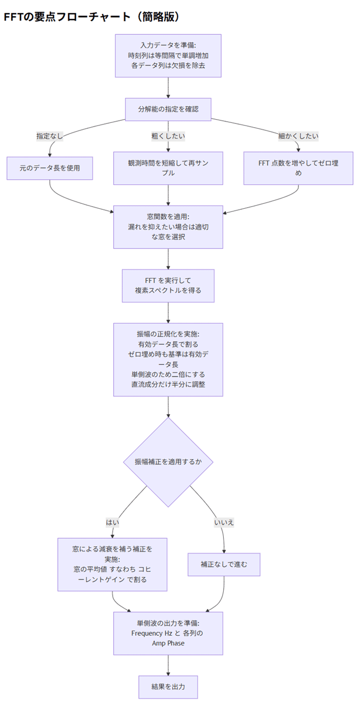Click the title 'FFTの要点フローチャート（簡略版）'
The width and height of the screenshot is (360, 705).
tap(91, 17)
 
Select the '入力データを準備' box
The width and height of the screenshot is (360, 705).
tap(168, 56)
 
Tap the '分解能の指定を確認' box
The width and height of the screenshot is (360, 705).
tap(168, 109)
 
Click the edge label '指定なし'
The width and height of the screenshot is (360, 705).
tap(50, 136)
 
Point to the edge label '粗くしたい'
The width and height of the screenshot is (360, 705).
tap(168, 136)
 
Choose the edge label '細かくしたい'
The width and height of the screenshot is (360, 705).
tap(298, 136)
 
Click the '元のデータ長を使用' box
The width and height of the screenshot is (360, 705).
tap(50, 168)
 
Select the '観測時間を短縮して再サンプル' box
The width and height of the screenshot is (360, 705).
tap(168, 168)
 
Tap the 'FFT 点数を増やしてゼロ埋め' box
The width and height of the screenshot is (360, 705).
tap(298, 168)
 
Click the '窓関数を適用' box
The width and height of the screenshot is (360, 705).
tap(168, 226)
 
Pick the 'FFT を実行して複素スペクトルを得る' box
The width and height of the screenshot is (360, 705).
tap(168, 285)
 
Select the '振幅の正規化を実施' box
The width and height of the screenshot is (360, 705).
tap(168, 359)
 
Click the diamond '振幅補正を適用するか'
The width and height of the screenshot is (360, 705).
tap(168, 462)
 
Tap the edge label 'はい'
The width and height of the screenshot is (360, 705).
tap(112, 522)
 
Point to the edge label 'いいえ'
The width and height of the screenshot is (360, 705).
tap(224, 522)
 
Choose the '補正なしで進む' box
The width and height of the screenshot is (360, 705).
tap(224, 564)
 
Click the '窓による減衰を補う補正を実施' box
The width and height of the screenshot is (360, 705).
tap(112, 564)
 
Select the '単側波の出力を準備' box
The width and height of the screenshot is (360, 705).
tap(168, 633)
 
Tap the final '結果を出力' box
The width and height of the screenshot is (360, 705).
tap(168, 687)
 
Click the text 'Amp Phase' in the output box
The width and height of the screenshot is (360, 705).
tap(168, 643)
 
